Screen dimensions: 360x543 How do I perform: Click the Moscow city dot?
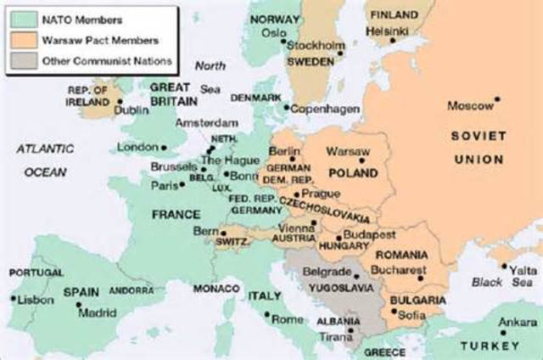click(497, 99)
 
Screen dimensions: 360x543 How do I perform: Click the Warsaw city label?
click(344, 150)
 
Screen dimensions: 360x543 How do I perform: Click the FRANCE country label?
click(176, 215)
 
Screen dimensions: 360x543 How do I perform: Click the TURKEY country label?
click(490, 346)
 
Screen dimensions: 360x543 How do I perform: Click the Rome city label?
click(288, 319)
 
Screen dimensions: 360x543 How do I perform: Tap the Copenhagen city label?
click(327, 109)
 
